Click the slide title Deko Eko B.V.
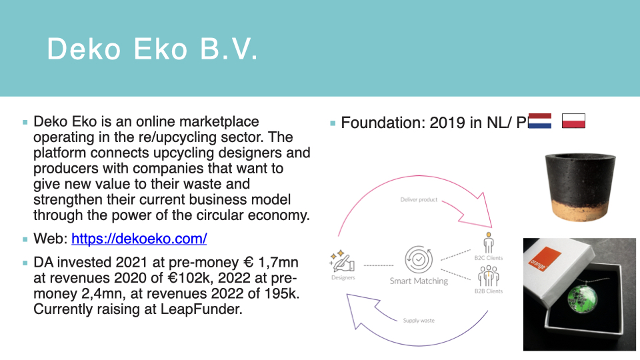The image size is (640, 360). pyautogui.click(x=152, y=49)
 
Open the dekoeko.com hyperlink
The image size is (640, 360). pyautogui.click(x=139, y=239)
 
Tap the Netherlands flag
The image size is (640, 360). pyautogui.click(x=539, y=121)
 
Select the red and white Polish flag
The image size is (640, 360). pyautogui.click(x=573, y=121)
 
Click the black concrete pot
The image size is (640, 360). pyautogui.click(x=581, y=187)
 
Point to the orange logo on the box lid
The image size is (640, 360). pyautogui.click(x=539, y=259)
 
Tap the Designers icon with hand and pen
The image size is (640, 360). pyautogui.click(x=342, y=261)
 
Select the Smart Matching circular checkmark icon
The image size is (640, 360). pyautogui.click(x=419, y=259)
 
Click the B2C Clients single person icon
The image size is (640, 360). pyautogui.click(x=488, y=243)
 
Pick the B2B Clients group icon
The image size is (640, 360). pyautogui.click(x=488, y=276)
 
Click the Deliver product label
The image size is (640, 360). pyautogui.click(x=419, y=199)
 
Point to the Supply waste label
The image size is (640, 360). pyautogui.click(x=419, y=321)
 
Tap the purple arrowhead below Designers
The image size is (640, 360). pyautogui.click(x=361, y=309)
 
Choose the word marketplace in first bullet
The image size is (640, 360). pyautogui.click(x=219, y=121)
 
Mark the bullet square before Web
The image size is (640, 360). pyautogui.click(x=25, y=239)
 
